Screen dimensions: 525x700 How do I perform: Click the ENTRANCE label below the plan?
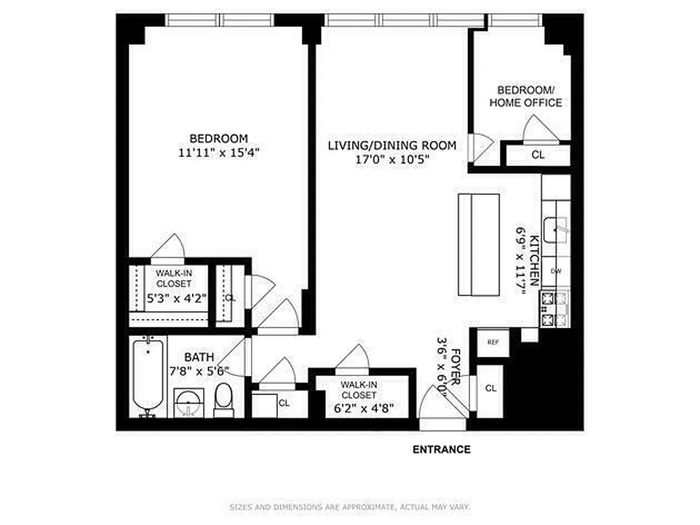[x=441, y=450]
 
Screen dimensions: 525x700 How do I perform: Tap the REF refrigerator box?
[x=492, y=342]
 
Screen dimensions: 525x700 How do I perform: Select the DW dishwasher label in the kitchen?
[x=556, y=271]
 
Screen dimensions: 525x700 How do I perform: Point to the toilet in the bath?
[x=224, y=400]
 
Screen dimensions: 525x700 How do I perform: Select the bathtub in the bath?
[x=147, y=378]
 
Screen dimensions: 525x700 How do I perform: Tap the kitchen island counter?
[x=478, y=245]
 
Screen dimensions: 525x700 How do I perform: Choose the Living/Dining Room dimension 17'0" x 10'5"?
[x=392, y=159]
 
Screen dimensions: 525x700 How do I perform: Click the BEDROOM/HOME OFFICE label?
[x=526, y=96]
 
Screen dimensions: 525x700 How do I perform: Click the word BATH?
[x=198, y=358]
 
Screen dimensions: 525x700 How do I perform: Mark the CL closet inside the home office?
[x=537, y=156]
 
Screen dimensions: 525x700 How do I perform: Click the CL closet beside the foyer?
[x=491, y=388]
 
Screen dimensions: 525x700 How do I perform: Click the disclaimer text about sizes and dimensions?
[x=349, y=507]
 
